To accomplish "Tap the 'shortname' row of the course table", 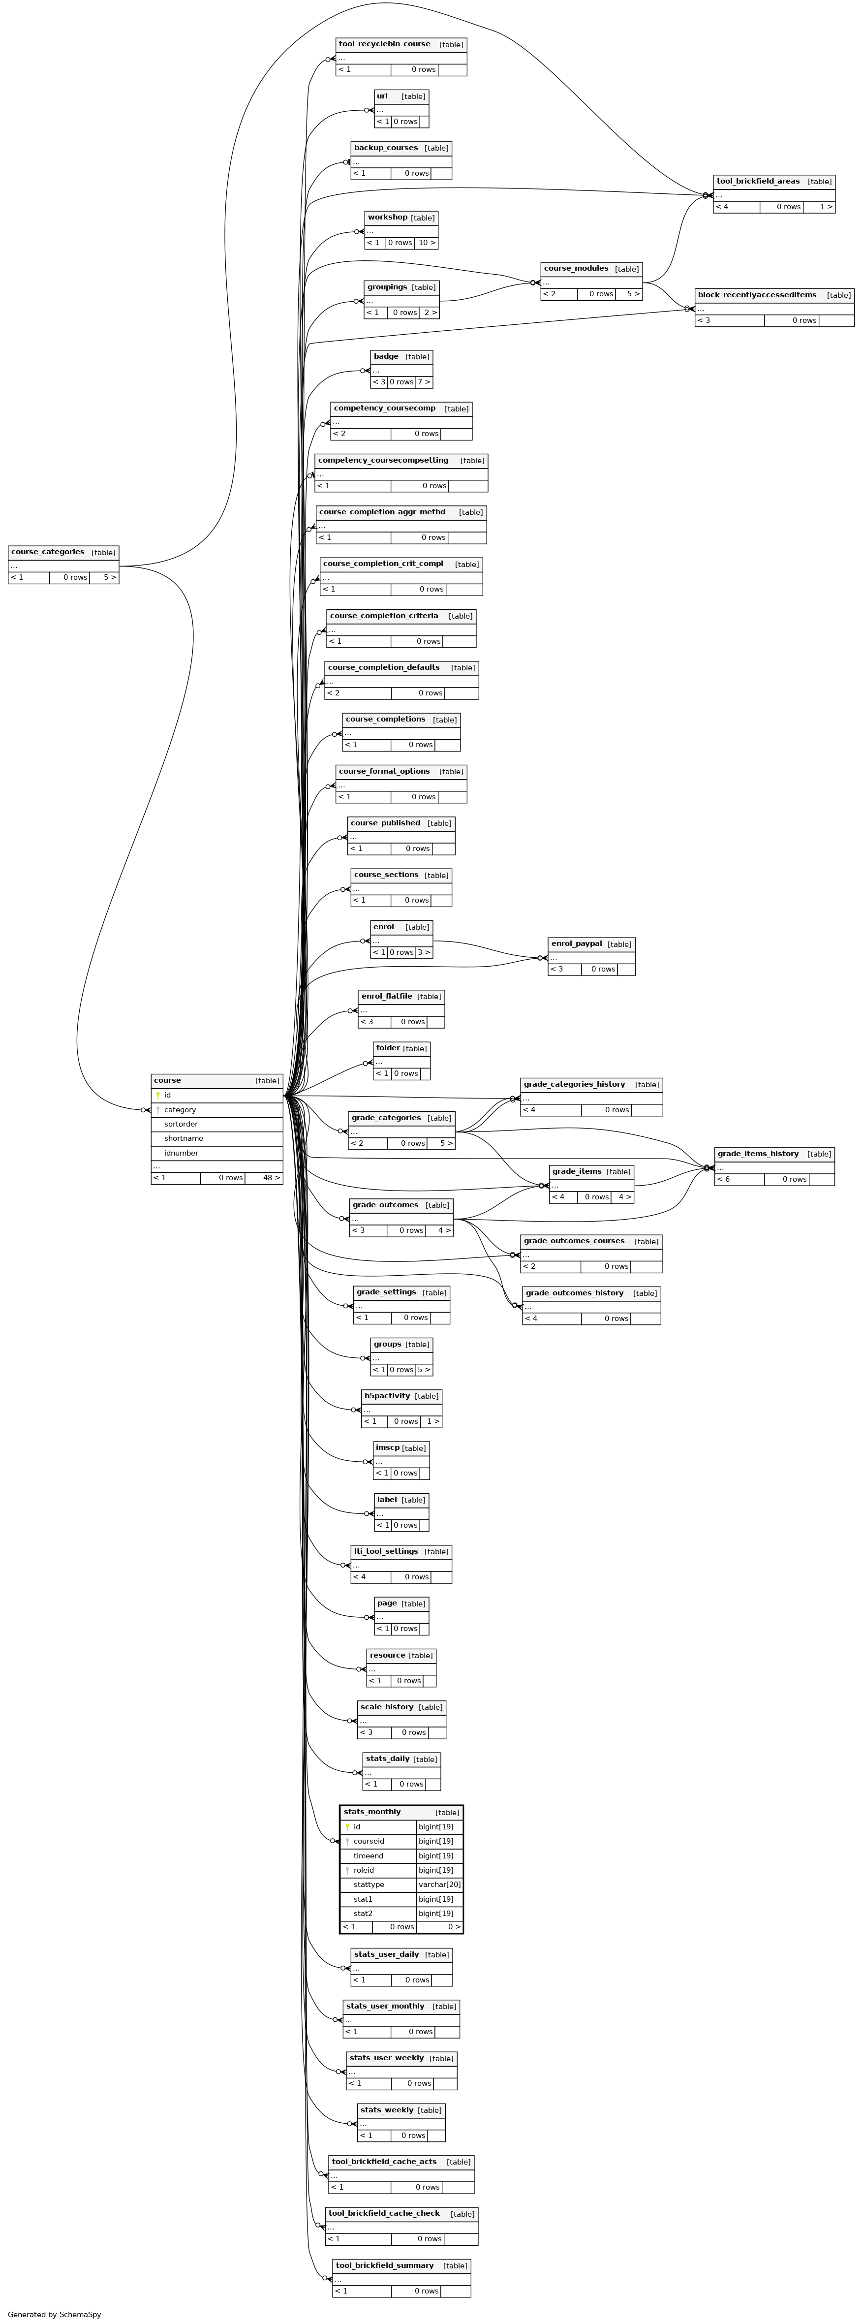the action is (183, 1138).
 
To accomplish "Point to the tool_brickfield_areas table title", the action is (757, 181).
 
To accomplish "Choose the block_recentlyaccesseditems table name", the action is (757, 295).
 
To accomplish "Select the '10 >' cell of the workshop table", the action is (427, 243).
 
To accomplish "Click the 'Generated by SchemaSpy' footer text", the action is (54, 2314).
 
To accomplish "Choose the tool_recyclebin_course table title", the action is (384, 43).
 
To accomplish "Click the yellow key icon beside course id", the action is (158, 1095).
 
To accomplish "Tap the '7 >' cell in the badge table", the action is (424, 381).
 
